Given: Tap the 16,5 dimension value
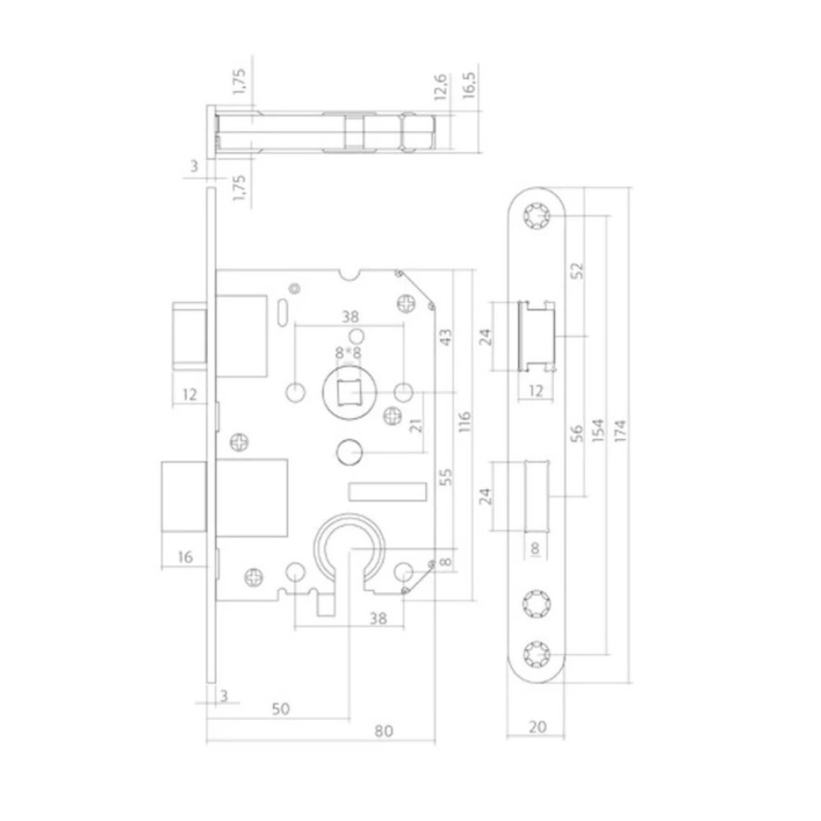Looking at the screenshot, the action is click(x=470, y=85).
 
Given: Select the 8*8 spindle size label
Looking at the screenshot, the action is click(x=348, y=353).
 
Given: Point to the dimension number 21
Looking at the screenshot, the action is click(x=415, y=424).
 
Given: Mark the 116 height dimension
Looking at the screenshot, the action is click(x=466, y=421).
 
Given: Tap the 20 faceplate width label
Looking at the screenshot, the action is click(x=537, y=726).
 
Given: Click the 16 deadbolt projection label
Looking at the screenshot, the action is click(x=185, y=557).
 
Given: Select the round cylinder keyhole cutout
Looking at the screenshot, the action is click(x=348, y=538).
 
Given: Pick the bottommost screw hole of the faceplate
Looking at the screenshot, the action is click(x=538, y=654).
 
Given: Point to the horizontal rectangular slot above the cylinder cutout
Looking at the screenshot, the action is click(x=388, y=491).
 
